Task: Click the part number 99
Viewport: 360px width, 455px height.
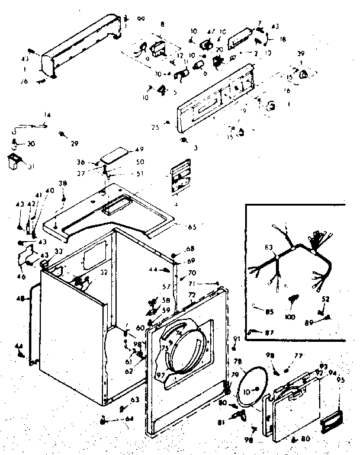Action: (142, 20)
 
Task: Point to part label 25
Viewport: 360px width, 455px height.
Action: (155, 127)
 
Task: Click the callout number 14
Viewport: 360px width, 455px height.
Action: (47, 114)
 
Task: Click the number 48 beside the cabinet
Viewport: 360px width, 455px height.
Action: (21, 299)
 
